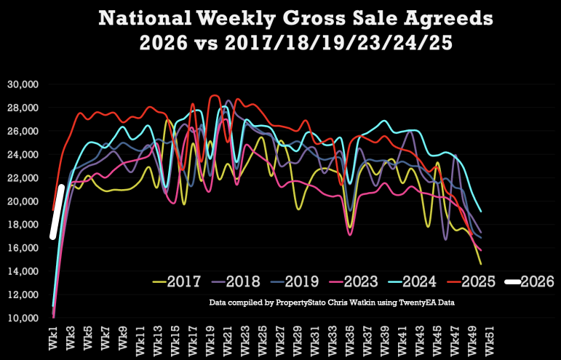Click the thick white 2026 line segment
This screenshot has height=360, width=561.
click(57, 212)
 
